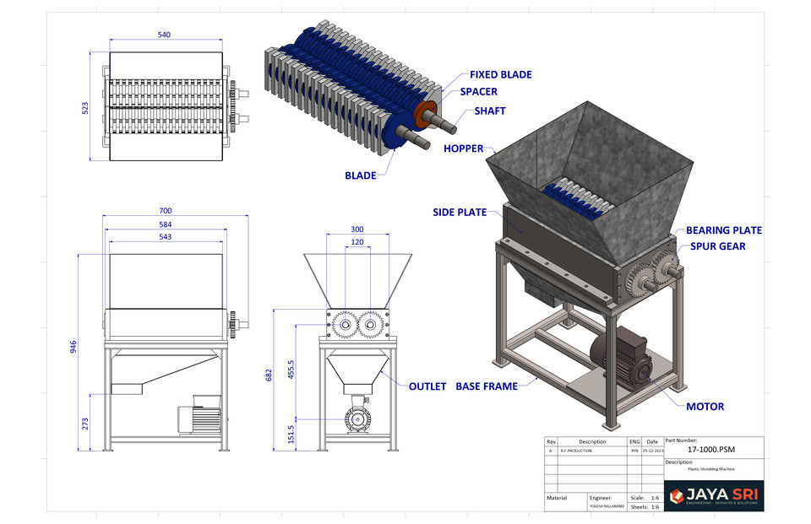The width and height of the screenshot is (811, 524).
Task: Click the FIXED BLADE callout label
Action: click(x=500, y=74)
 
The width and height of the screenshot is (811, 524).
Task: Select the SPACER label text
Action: click(x=478, y=92)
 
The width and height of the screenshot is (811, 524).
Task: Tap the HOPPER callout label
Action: click(x=463, y=149)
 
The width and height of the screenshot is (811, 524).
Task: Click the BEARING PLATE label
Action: click(x=723, y=230)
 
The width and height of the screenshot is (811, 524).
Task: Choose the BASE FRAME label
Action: click(x=485, y=386)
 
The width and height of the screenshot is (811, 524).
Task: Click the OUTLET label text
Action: click(x=427, y=386)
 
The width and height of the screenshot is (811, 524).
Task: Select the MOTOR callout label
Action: click(x=705, y=406)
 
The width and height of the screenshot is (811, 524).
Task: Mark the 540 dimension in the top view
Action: click(x=165, y=35)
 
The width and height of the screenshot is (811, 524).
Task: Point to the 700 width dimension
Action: click(x=165, y=211)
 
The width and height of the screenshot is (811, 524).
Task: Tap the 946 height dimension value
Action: click(x=73, y=347)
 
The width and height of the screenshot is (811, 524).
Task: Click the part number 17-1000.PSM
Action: click(x=713, y=451)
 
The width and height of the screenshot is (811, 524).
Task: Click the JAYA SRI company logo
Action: click(x=714, y=496)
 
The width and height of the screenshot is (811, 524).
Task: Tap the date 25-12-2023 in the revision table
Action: click(x=651, y=451)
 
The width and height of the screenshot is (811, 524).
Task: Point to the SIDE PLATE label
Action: click(x=460, y=213)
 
